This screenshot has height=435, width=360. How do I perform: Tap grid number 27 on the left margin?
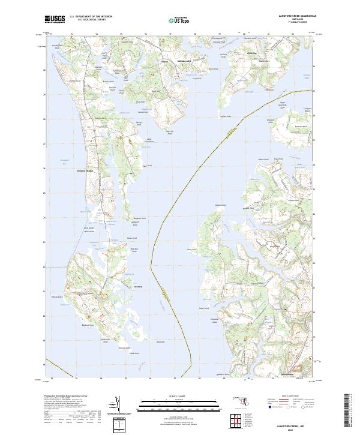(44, 144)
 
